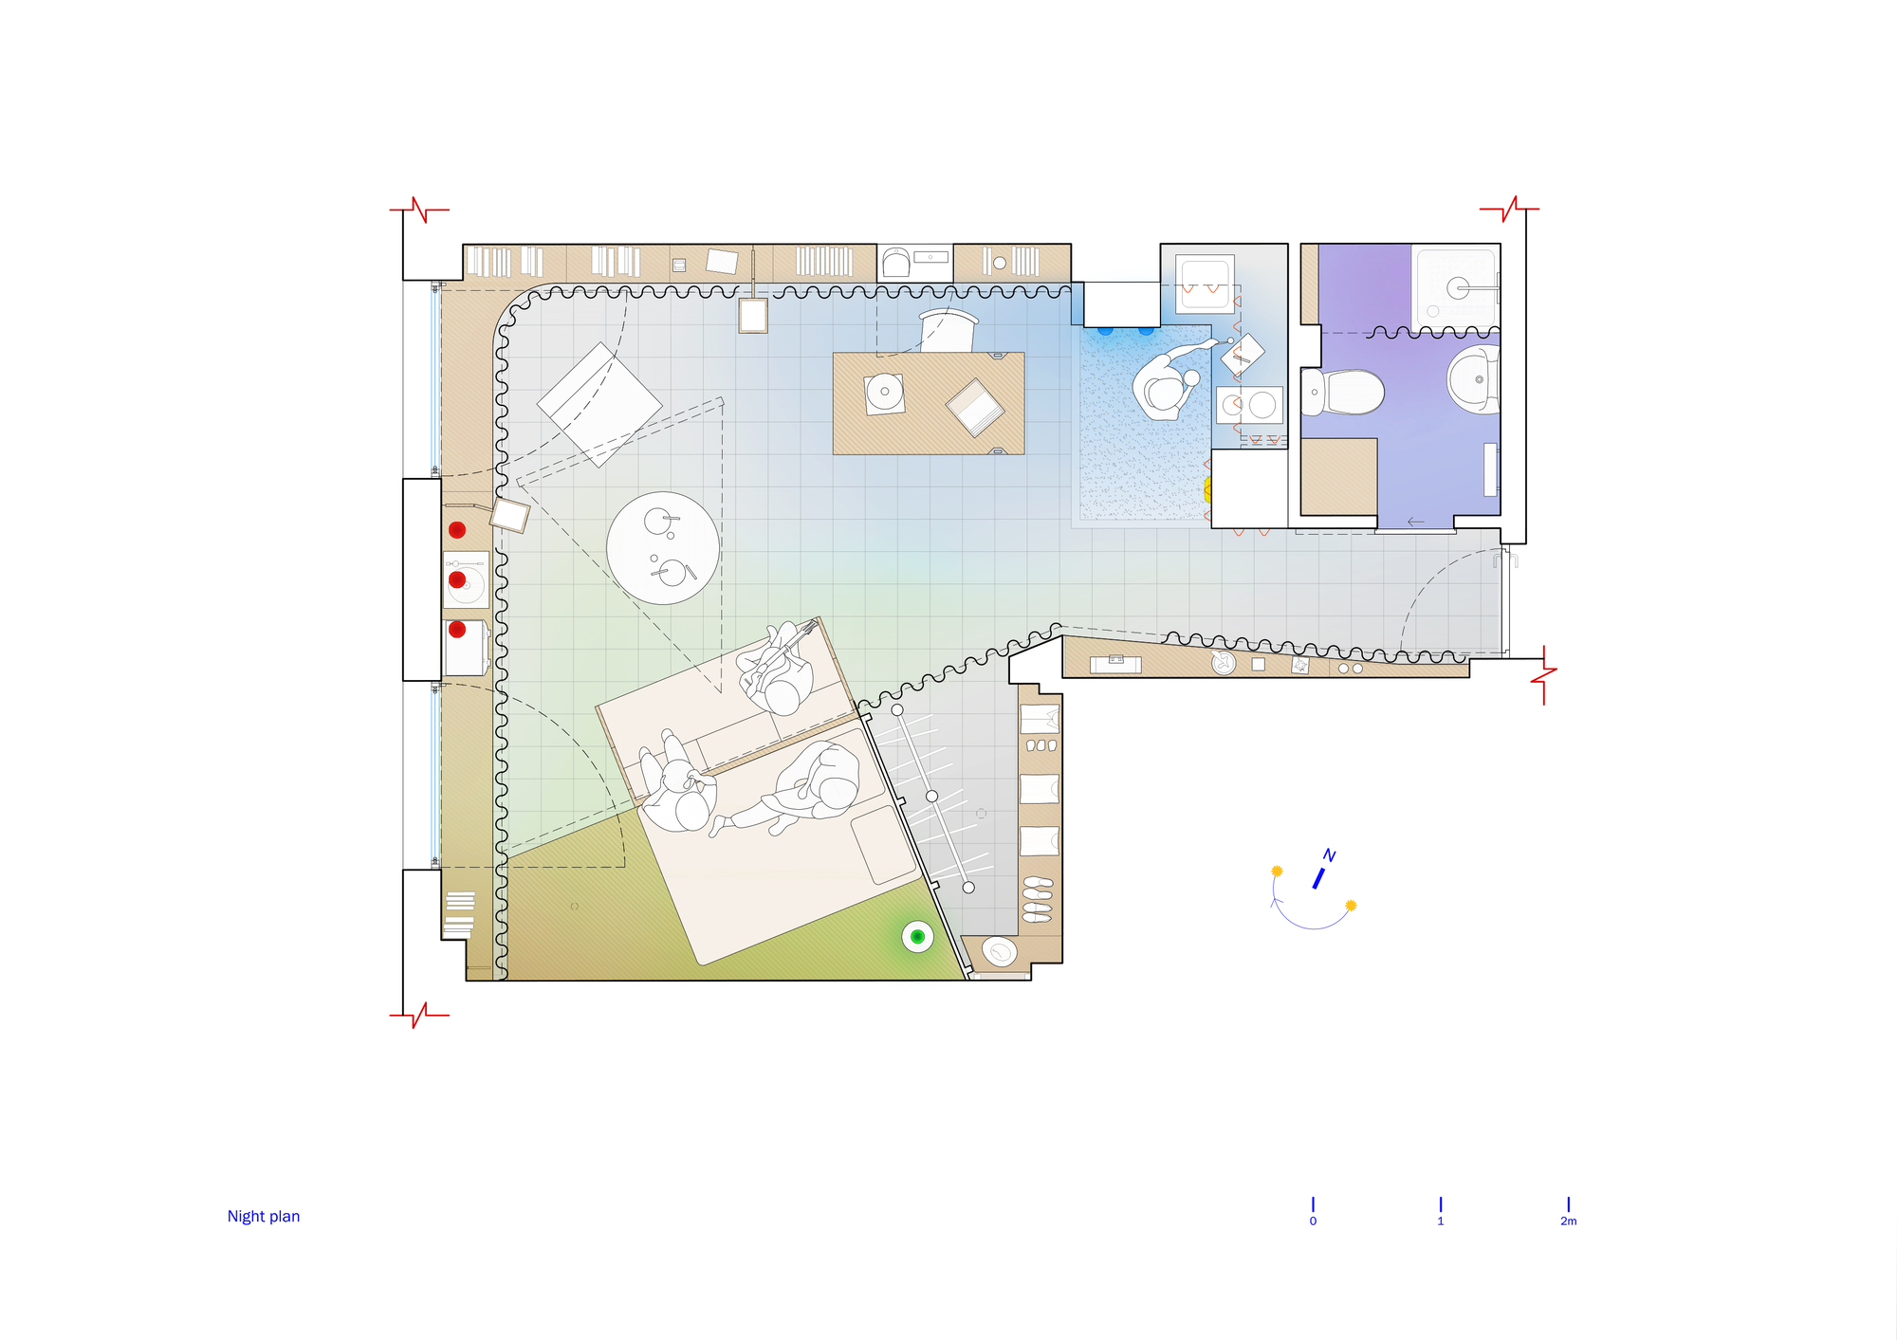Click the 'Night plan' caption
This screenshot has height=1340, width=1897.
pos(264,1217)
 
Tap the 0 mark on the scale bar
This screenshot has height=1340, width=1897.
pos(1313,1204)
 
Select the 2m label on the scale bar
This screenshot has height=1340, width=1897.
pos(1568,1221)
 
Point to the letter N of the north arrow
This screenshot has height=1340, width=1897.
pos(1330,855)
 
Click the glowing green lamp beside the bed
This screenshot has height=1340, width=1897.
pos(917,937)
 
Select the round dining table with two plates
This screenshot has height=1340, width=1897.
pos(663,548)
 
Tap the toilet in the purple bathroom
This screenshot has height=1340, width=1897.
pos(1345,392)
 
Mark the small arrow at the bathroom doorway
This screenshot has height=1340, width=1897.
pos(1416,522)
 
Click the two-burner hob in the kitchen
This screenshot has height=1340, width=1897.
pos(1249,405)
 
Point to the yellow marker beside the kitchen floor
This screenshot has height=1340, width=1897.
pos(1207,489)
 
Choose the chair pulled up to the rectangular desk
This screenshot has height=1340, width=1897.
pos(948,329)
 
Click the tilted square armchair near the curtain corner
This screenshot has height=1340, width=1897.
pos(599,405)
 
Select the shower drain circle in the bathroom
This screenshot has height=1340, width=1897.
pos(1458,288)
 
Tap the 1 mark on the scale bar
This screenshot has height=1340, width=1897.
pos(1440,1204)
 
